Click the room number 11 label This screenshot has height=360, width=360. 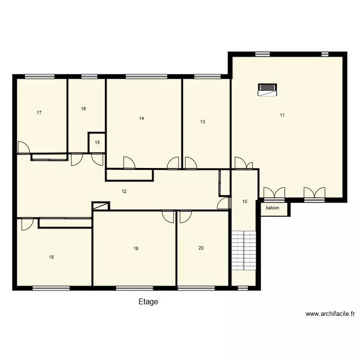(282, 115)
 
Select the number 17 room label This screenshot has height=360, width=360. (39, 113)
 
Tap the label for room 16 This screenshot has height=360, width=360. (84, 109)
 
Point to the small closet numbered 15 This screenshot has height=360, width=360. (97, 143)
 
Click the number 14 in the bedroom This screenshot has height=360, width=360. (142, 118)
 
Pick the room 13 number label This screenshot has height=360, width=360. (203, 122)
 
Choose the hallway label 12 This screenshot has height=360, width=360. (124, 192)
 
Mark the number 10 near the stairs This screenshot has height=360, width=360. (244, 202)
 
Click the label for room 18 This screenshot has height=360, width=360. (51, 257)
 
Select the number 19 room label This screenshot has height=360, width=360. (136, 249)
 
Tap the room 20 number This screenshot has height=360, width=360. (201, 248)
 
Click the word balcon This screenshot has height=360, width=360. (273, 208)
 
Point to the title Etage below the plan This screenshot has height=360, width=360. (148, 302)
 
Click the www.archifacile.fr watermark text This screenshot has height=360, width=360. (330, 314)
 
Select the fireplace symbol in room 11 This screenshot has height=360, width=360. (268, 90)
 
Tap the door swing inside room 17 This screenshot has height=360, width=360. (24, 147)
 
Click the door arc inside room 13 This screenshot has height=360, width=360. (191, 163)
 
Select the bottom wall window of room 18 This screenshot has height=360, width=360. (51, 288)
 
